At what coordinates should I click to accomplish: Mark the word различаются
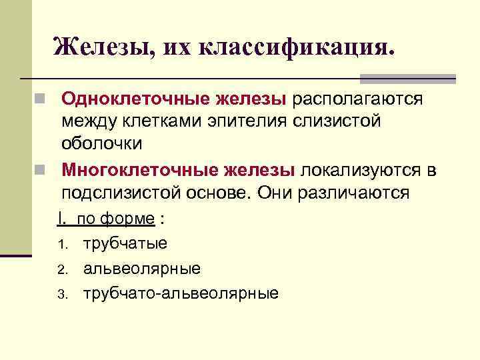tap(359, 193)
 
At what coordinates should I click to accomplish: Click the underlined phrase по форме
tap(116, 219)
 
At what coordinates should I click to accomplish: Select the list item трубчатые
tap(125, 243)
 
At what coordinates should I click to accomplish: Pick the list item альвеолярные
tap(142, 269)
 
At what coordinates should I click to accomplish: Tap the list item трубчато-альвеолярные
tap(181, 293)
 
